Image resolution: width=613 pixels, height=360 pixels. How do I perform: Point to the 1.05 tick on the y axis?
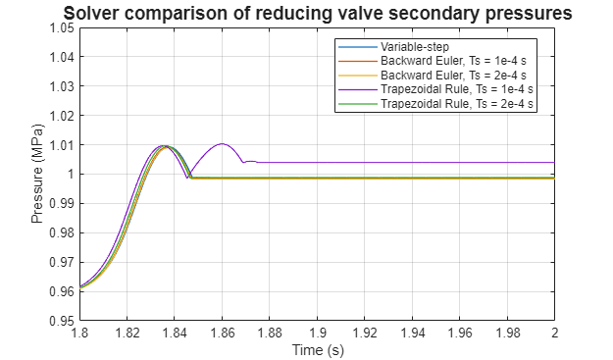(62, 28)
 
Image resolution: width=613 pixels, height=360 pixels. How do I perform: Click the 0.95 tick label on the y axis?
(62, 321)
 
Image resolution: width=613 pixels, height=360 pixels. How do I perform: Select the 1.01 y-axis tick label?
(62, 145)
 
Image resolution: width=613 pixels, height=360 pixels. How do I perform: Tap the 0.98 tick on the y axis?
(62, 233)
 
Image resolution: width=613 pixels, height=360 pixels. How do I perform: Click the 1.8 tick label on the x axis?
(79, 334)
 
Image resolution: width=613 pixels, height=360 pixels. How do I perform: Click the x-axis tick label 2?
(555, 334)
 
